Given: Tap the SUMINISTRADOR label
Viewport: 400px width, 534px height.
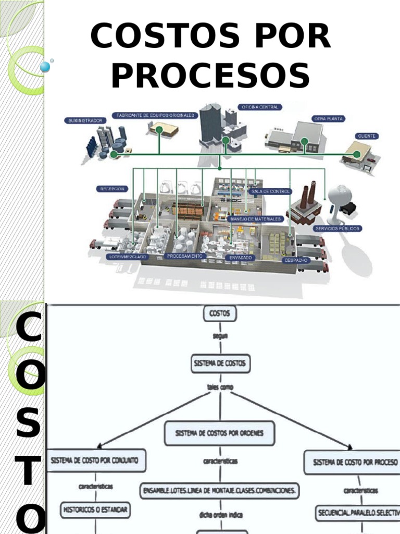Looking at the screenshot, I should click(86, 120).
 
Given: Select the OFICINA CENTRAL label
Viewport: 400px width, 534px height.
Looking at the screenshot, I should click(259, 107).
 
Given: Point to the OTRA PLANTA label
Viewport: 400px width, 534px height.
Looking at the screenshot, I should click(328, 119).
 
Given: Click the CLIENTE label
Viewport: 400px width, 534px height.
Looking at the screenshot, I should click(367, 136).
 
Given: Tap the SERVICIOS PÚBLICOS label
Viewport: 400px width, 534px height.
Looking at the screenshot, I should click(337, 228).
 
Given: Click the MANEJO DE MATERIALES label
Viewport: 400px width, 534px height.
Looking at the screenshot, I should click(256, 219).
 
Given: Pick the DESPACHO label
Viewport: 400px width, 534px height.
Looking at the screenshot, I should click(296, 260).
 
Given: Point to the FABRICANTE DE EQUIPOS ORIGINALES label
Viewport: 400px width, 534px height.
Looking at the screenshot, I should click(155, 115).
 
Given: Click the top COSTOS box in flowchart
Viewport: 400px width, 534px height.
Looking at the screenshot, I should click(219, 314).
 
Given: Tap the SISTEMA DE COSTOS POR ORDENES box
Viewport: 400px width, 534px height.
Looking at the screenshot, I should click(219, 434).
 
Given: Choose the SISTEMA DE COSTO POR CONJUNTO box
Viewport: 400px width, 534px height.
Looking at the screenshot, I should click(96, 461).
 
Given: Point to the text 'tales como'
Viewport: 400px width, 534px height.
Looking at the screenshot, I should click(219, 387).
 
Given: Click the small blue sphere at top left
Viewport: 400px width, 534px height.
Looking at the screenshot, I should click(45, 66).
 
